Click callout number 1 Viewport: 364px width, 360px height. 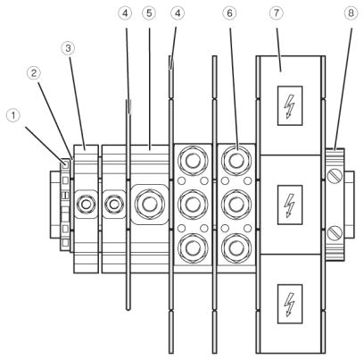pos(13,115)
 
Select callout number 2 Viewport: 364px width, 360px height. pos(34,72)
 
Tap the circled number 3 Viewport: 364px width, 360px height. pos(68,48)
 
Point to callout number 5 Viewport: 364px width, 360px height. pos(149,13)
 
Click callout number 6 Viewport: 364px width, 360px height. pos(229,13)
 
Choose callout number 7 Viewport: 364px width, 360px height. pos(277,13)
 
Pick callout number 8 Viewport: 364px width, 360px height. pos(351,13)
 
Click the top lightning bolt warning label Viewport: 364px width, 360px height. pos(290,105)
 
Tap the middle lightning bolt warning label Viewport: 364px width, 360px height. pos(290,205)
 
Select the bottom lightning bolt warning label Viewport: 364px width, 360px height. pos(290,304)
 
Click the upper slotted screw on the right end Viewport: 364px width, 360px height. pos(335,176)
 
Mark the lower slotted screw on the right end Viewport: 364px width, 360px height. pos(335,233)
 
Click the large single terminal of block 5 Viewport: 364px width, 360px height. pos(149,205)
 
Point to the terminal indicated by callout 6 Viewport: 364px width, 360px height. pos(236,161)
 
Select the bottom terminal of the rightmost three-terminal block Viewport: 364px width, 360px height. pos(236,247)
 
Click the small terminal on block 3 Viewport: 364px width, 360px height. pos(86,205)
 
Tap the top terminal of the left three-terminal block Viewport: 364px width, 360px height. pos(193,161)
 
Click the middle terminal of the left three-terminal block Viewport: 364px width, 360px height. pos(193,205)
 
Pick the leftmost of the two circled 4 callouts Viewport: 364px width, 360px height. pos(125,13)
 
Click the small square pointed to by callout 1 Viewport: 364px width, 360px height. pos(65,163)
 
